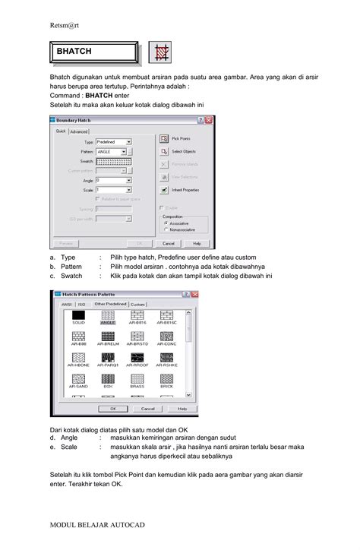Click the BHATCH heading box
click(x=93, y=52)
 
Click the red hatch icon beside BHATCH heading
click(x=160, y=52)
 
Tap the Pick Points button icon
click(x=164, y=139)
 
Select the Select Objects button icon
click(x=164, y=151)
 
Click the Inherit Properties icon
click(x=164, y=189)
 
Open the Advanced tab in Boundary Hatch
click(x=80, y=131)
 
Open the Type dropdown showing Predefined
click(x=114, y=142)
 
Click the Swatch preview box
click(x=116, y=162)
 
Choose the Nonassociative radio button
click(x=166, y=229)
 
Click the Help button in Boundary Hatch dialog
click(x=197, y=244)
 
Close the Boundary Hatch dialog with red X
click(x=210, y=121)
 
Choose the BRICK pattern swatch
click(x=166, y=378)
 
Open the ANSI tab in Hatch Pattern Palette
click(x=67, y=304)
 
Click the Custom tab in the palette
click(x=137, y=304)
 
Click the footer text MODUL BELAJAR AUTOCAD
click(x=96, y=526)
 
